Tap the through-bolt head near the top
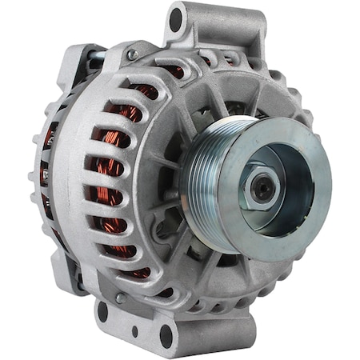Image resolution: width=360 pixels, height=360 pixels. click(133, 55)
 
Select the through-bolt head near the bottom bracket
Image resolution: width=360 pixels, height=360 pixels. click(120, 298)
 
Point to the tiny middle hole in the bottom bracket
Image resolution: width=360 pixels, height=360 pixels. click(134, 329)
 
